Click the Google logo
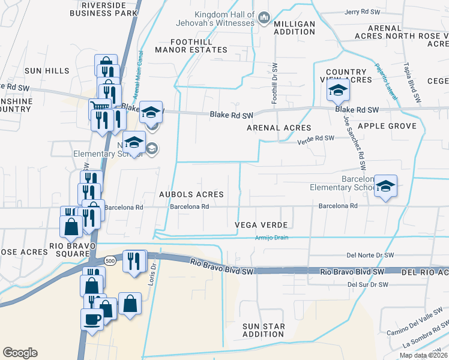tap(20, 353)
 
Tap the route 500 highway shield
tap(109, 261)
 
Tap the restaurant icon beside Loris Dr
tap(134, 260)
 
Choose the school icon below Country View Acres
tap(337, 91)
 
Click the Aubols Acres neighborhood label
tap(191, 194)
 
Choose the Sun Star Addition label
tap(263, 330)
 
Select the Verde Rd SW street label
tap(315, 139)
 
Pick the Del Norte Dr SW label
tap(370, 255)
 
